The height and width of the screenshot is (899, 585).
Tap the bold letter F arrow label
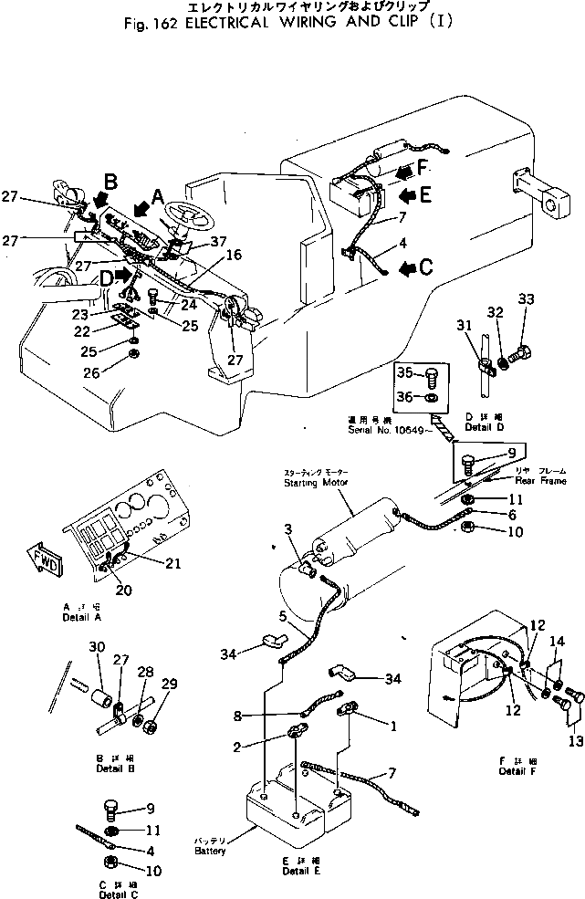tap(423, 168)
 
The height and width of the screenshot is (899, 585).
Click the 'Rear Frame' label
tap(545, 481)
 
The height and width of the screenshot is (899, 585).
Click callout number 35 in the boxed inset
tap(403, 372)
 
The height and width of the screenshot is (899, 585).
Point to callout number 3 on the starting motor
tap(287, 529)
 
